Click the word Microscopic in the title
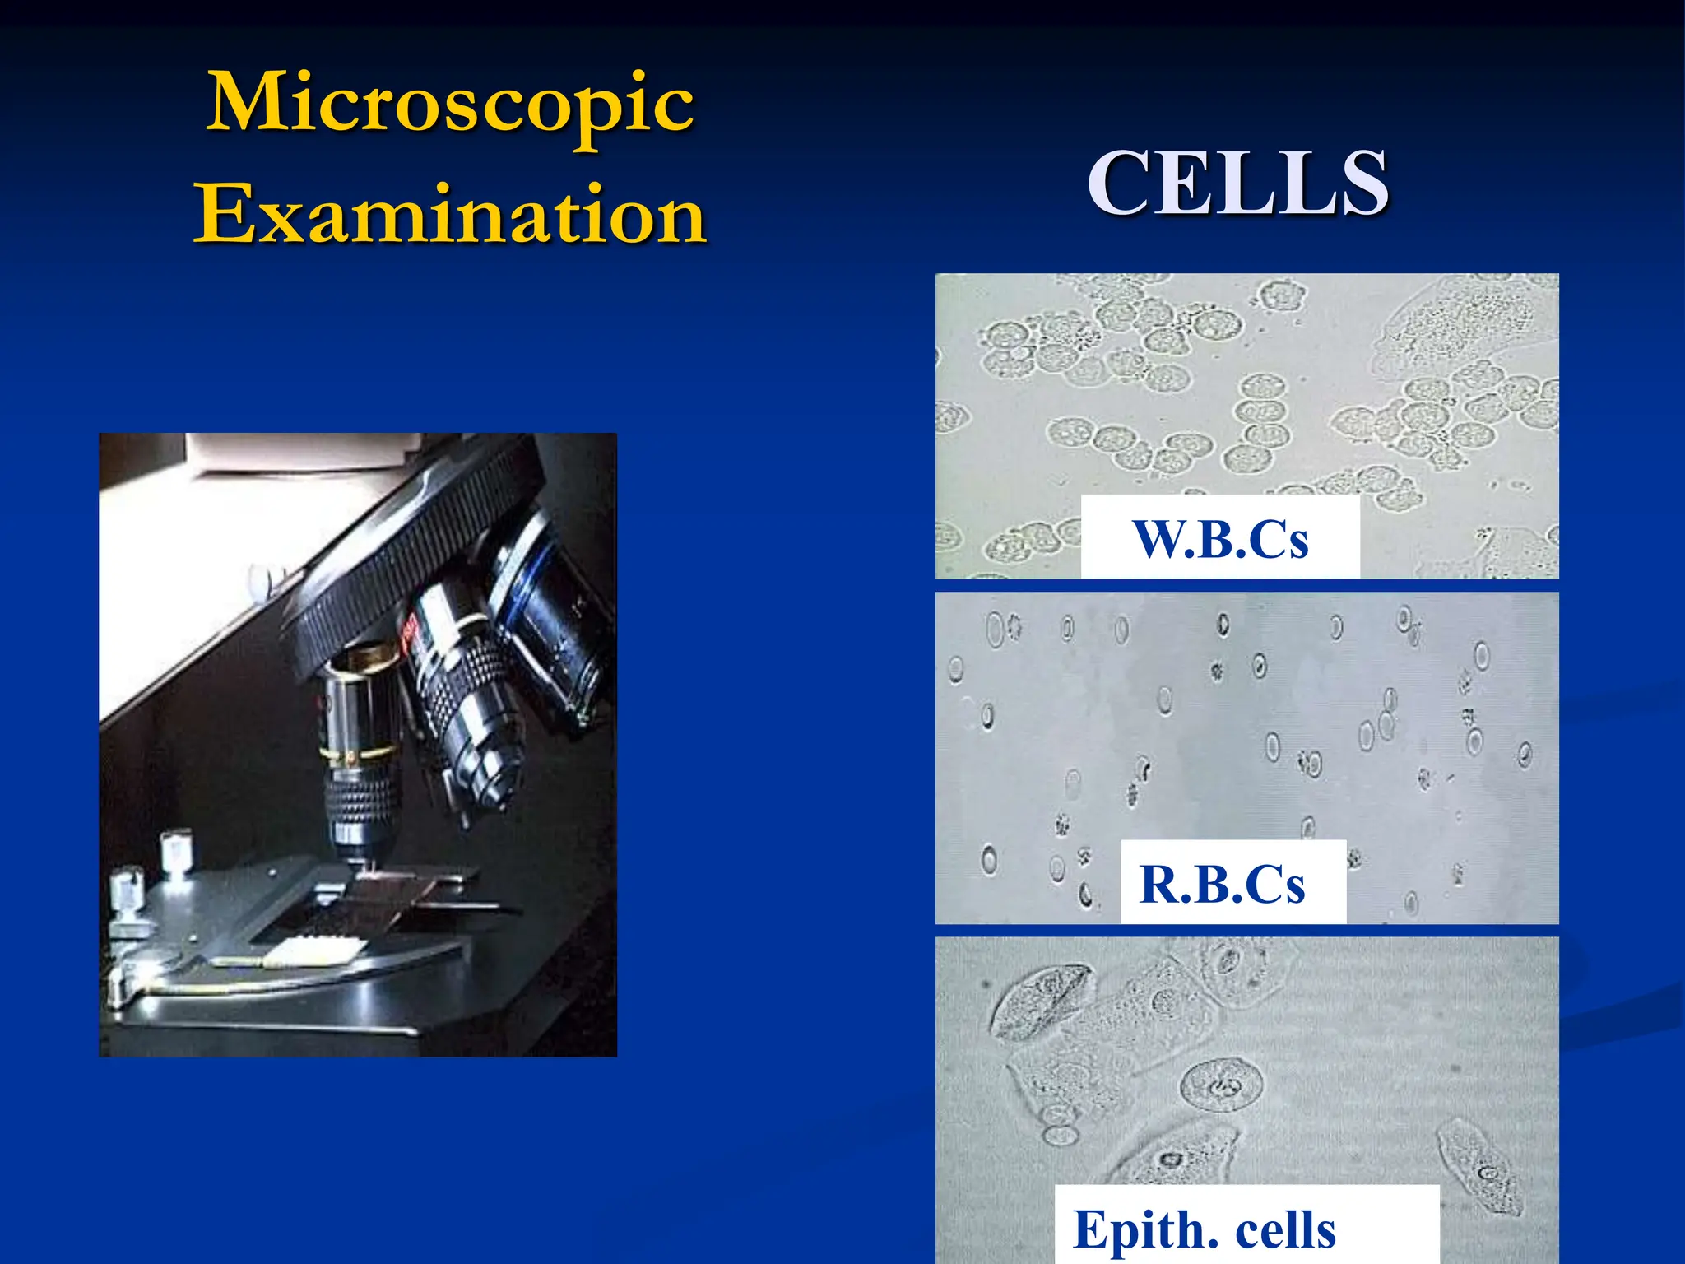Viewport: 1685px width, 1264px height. tap(450, 105)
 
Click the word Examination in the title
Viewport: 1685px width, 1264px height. tap(450, 216)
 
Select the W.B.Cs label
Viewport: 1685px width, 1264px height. tap(1220, 539)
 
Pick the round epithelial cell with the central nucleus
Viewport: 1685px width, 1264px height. tap(1221, 1086)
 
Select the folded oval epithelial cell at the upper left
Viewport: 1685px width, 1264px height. tap(1041, 1000)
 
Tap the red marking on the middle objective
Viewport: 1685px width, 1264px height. tap(410, 632)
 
